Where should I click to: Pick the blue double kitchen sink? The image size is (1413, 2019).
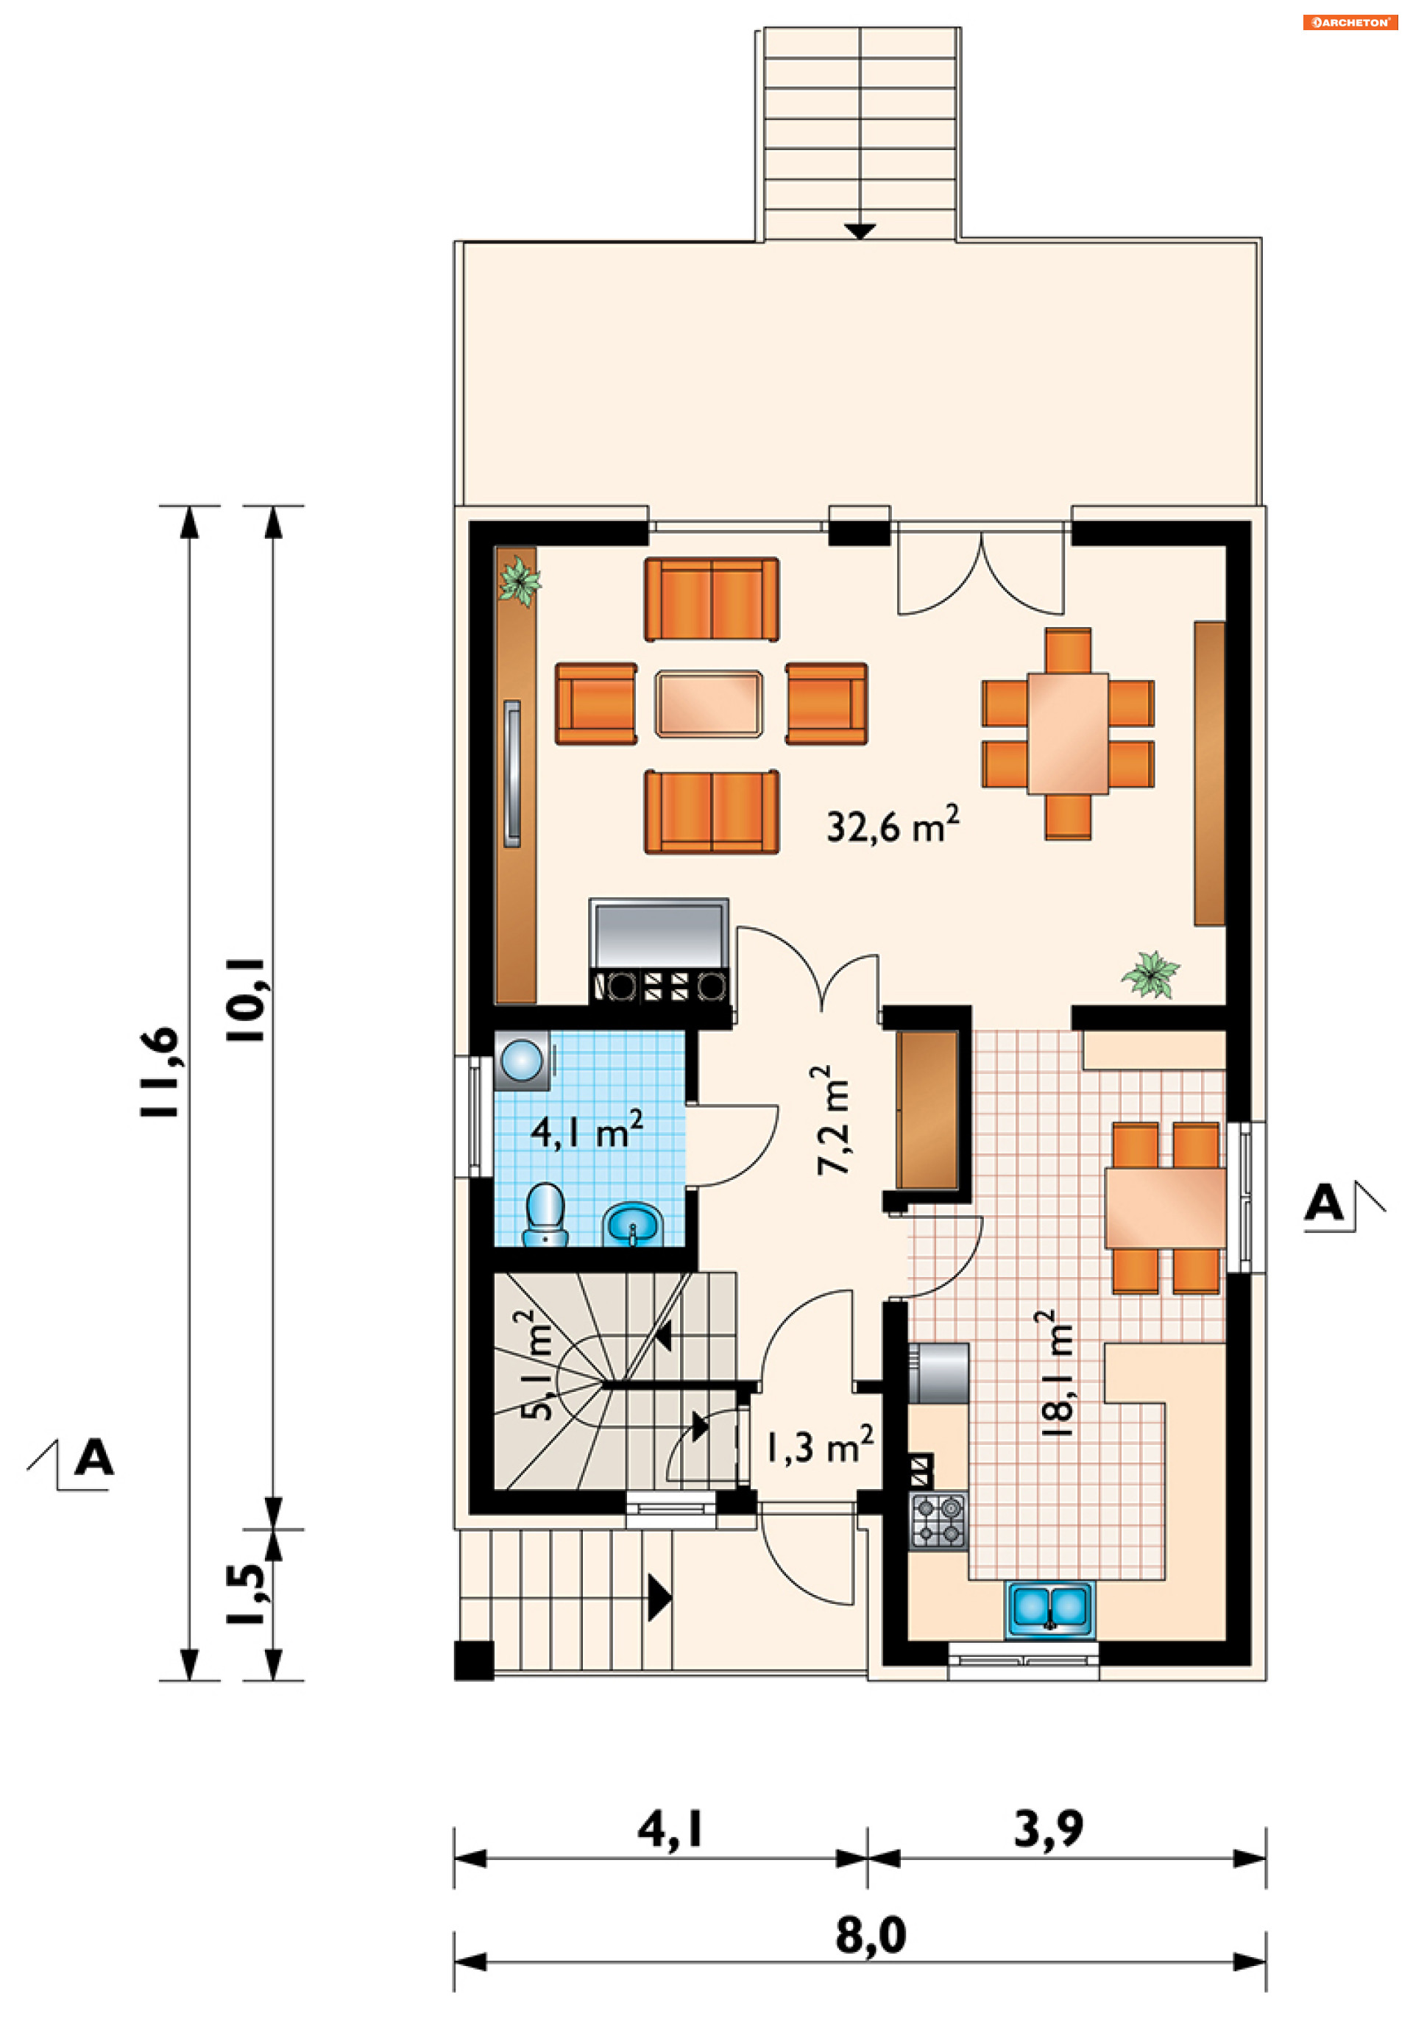click(1051, 1608)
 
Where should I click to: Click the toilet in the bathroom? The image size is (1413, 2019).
click(545, 1214)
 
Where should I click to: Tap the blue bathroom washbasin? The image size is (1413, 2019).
click(632, 1224)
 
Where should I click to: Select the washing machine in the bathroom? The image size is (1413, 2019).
click(523, 1061)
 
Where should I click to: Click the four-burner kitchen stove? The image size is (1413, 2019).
click(938, 1519)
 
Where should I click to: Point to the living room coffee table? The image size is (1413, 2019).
click(709, 704)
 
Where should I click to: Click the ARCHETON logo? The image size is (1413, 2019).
click(1350, 22)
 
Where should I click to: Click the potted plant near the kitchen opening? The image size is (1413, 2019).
click(1150, 975)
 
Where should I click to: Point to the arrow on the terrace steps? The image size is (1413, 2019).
click(860, 230)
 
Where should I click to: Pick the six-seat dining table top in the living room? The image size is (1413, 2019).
click(1069, 733)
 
